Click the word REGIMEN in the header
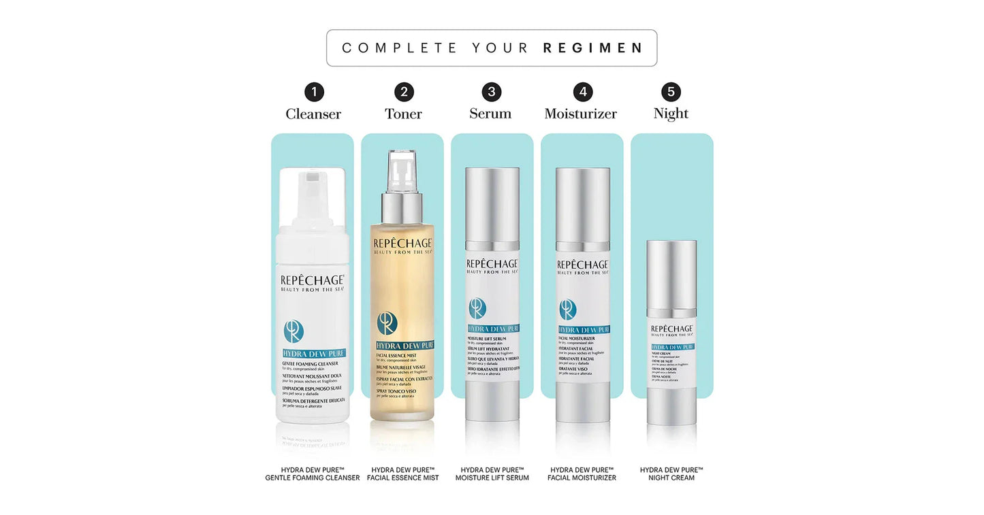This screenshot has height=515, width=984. point(592,48)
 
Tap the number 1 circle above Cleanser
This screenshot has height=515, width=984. point(314,92)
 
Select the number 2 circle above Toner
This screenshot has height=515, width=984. point(404,92)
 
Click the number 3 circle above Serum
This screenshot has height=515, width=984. point(491,92)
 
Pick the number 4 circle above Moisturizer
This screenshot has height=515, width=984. point(582,92)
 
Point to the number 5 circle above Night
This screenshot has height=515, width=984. point(671,92)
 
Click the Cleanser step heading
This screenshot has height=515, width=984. point(313,114)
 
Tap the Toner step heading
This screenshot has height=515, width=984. point(403,114)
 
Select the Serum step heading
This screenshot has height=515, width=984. point(490,114)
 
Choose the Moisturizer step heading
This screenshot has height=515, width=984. point(580,114)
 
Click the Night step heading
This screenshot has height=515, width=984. point(671,114)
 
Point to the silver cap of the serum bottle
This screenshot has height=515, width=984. point(492,204)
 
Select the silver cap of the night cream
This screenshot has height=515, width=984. point(671,272)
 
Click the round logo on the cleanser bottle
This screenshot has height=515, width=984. point(293,332)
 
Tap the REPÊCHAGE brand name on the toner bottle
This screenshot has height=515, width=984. point(403,244)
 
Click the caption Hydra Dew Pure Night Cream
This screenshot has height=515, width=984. point(671,474)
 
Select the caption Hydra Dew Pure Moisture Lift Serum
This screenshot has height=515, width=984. point(492,474)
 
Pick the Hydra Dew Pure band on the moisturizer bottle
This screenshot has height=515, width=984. point(583,329)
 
